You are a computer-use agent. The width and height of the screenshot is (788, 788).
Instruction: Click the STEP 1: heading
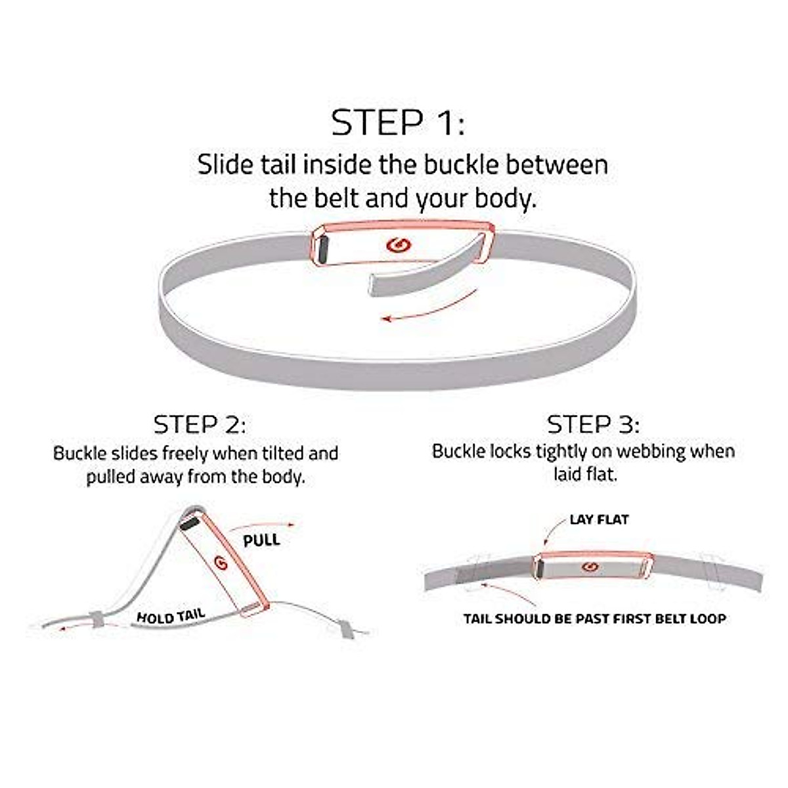click(x=398, y=123)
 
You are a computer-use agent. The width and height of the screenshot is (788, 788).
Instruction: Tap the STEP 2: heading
click(x=200, y=424)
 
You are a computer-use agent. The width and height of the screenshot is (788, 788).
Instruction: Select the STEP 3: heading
click(x=593, y=424)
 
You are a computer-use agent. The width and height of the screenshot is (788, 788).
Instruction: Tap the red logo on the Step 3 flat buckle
click(x=589, y=566)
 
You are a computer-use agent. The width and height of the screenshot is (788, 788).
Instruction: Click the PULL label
click(x=261, y=541)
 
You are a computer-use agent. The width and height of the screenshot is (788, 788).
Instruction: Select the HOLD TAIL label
click(x=171, y=616)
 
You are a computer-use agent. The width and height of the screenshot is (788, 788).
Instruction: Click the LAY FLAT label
click(x=599, y=519)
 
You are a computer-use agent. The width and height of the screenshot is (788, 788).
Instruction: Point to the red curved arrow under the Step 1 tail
click(x=427, y=311)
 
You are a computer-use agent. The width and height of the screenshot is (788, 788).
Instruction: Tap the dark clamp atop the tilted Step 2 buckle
click(x=190, y=525)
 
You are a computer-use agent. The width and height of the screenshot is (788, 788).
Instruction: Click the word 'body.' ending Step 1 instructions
click(x=505, y=198)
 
